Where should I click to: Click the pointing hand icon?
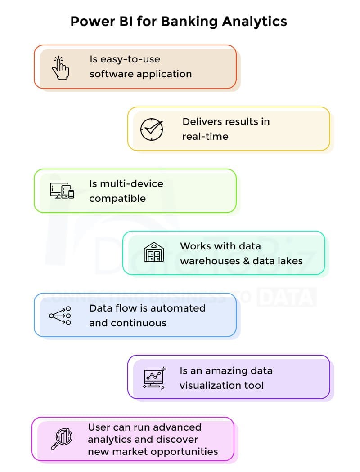tap(60, 68)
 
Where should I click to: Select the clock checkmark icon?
tap(152, 129)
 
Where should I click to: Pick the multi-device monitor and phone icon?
tap(62, 191)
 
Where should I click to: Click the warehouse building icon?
tap(154, 252)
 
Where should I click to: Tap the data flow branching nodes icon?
tap(60, 316)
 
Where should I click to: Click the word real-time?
tap(205, 136)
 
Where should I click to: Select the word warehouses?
tap(208, 261)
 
